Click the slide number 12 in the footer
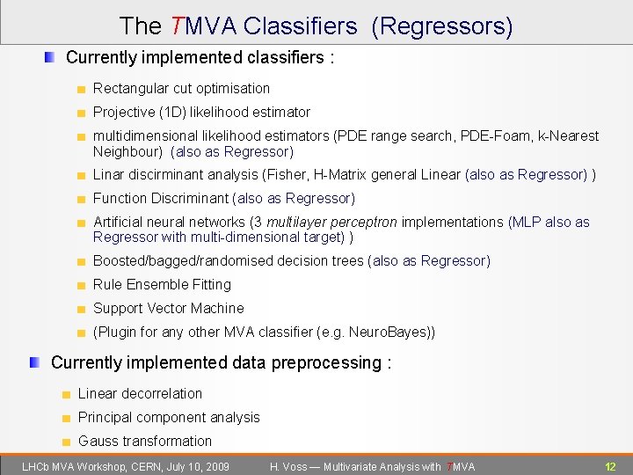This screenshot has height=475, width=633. (610, 466)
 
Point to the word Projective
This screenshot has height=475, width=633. (124, 112)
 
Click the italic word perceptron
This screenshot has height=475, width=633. (358, 222)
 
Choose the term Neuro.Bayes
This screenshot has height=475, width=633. (387, 332)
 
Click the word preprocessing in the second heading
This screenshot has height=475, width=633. (326, 363)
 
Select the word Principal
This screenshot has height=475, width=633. (105, 417)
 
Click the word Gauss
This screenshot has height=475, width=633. (98, 441)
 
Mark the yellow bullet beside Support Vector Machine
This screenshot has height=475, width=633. (80, 309)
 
